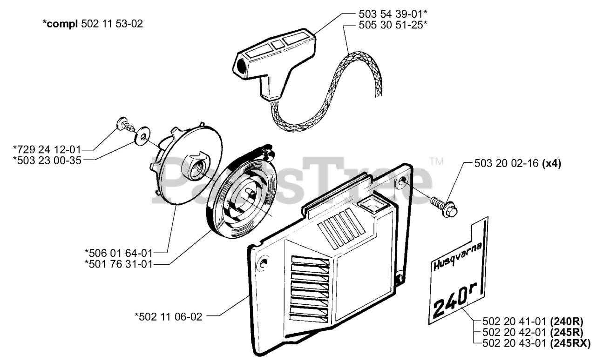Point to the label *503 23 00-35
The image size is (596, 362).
[x=48, y=160]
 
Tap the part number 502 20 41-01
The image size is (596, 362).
[x=510, y=321]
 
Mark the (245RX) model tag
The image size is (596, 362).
[x=570, y=343]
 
